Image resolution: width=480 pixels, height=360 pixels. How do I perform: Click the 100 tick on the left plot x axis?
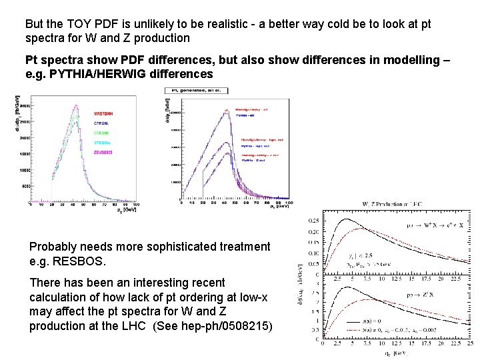tap(154, 204)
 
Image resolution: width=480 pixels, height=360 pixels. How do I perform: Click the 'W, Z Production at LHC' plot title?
tap(393, 204)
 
